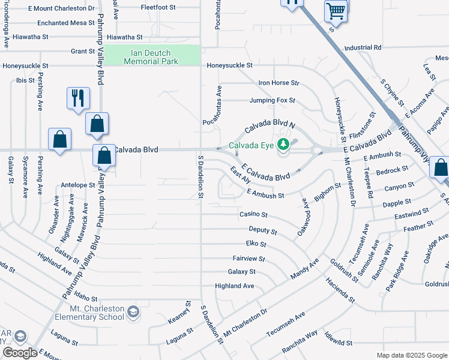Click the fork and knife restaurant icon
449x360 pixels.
tap(78, 98)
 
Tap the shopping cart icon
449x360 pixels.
tap(336, 11)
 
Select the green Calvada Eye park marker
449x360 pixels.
tap(284, 145)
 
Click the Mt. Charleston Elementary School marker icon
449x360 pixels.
tap(133, 312)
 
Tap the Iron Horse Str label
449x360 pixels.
tap(279, 83)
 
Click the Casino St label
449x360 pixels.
tap(253, 214)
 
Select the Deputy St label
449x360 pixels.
tap(263, 230)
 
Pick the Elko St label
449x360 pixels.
tap(256, 244)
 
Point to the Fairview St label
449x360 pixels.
tap(249, 258)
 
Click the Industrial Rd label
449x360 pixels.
tap(363, 47)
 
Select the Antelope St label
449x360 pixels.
tap(78, 185)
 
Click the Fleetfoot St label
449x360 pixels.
tap(157, 8)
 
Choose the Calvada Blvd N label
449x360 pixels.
tap(271, 127)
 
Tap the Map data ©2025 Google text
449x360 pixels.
tap(411, 355)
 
